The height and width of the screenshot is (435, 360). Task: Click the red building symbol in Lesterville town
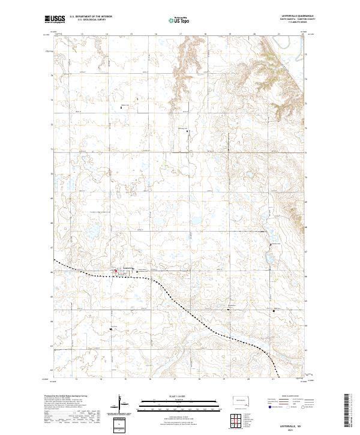coord(116,271)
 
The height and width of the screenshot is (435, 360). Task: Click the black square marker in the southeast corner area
coord(275,311)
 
